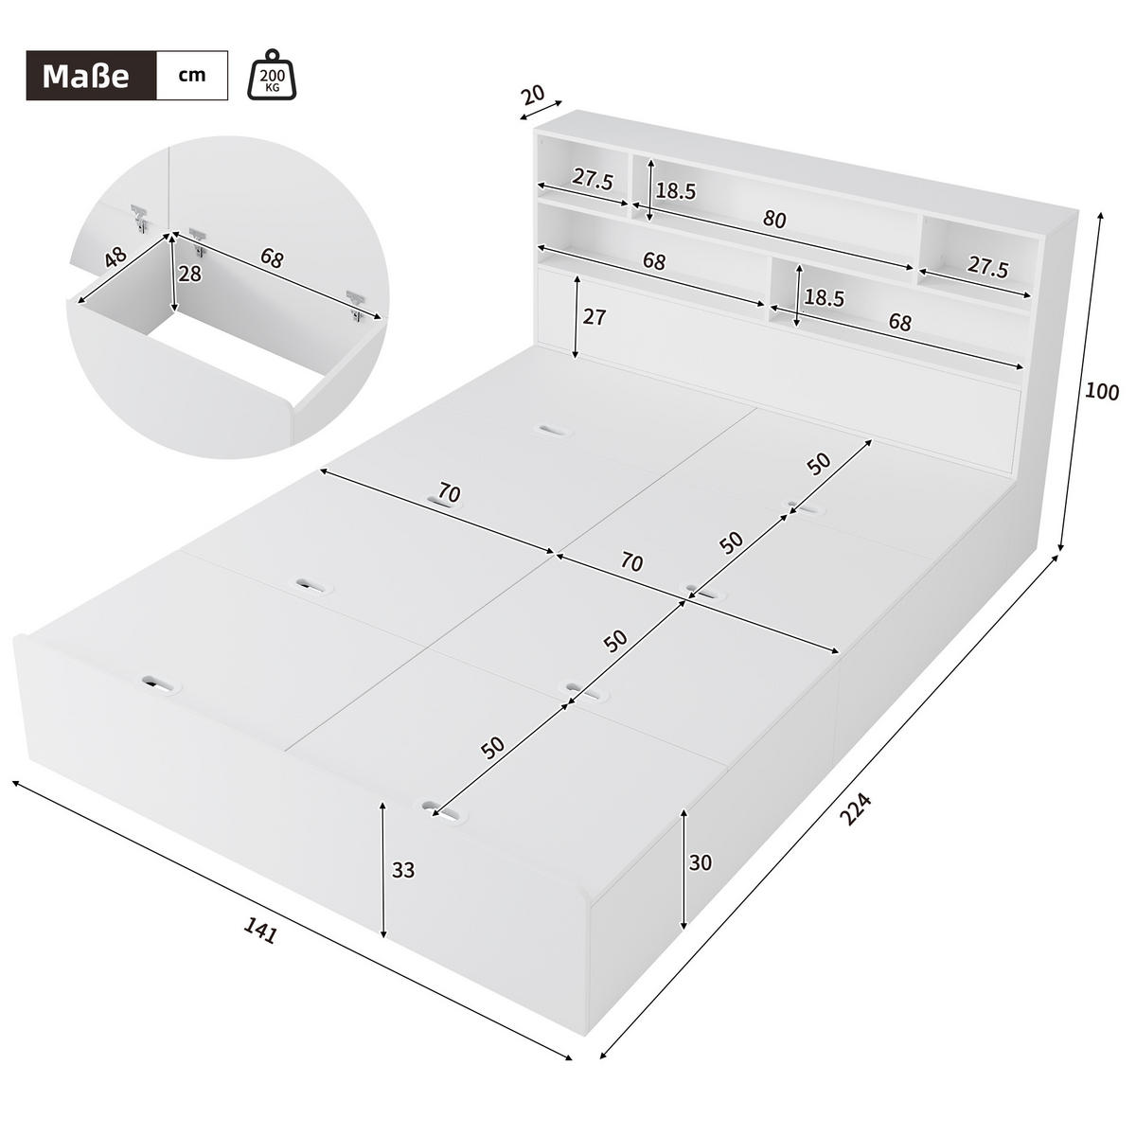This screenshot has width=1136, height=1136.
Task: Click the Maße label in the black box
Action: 85,76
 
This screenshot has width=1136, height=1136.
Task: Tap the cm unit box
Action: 192,75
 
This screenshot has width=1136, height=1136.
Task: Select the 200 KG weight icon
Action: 272,75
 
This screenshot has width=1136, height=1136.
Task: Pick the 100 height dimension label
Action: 1103,391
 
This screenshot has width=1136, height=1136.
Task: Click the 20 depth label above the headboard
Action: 533,95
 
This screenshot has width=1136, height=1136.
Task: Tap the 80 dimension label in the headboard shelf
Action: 774,220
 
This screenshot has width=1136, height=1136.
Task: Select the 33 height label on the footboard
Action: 403,870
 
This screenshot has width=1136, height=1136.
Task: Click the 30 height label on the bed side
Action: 701,862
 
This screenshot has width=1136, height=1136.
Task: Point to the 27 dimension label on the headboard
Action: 594,317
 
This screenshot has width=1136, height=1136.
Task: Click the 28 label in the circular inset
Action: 189,273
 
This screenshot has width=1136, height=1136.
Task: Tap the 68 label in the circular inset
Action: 271,258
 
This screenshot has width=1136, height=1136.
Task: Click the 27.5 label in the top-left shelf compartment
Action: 593,180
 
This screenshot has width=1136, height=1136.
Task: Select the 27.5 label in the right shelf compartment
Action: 987,267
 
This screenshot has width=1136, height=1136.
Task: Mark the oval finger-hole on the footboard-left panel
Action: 157,683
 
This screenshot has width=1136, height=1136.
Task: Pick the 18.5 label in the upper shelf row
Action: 676,191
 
